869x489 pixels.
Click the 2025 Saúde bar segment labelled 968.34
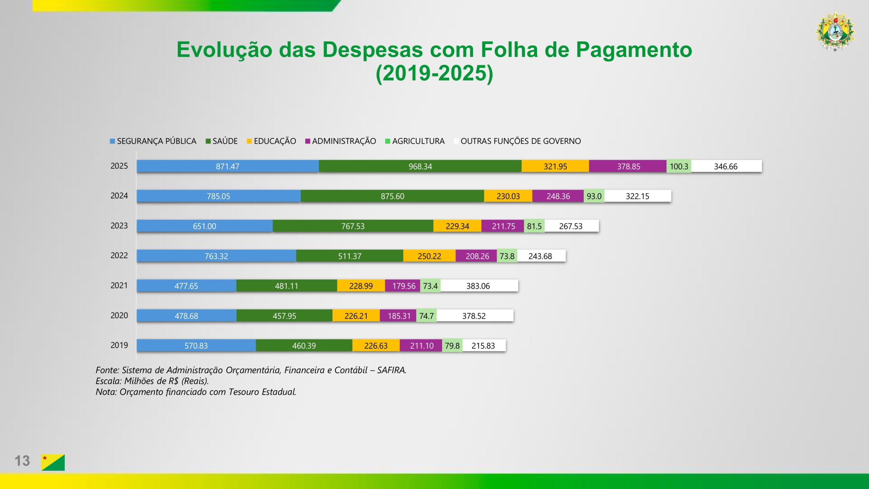[420, 166]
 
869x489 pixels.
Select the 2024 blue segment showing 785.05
[218, 196]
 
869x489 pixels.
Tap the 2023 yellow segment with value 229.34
[457, 226]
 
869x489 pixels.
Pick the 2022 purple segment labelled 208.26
[477, 256]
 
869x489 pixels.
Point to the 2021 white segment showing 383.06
[479, 286]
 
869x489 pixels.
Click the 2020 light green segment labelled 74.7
[426, 316]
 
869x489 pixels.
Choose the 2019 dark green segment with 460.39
[304, 346]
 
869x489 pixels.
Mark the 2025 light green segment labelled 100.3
[679, 166]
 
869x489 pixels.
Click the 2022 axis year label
[119, 255]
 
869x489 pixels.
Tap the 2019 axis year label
[119, 345]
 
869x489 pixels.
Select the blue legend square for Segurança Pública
[112, 141]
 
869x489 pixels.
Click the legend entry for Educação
[275, 141]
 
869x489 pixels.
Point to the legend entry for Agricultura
[418, 141]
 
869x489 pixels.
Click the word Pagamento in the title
[634, 50]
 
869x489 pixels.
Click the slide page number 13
[22, 461]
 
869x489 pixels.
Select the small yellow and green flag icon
[53, 462]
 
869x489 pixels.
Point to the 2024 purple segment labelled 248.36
[558, 196]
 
